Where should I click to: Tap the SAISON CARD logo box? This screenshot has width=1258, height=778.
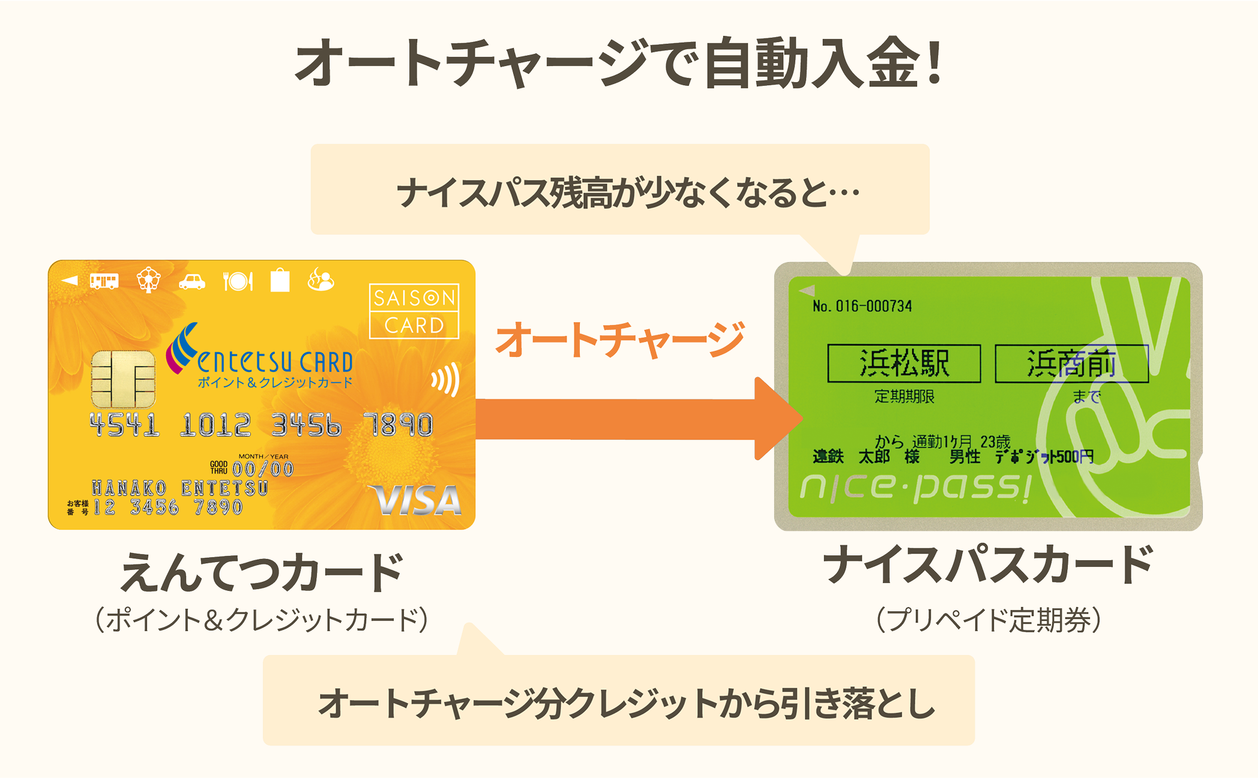[x=414, y=311]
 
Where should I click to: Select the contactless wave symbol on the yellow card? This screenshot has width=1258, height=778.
[x=446, y=379]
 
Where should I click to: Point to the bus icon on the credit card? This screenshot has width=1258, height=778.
[x=104, y=281]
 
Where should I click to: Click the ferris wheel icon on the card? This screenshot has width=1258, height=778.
[x=148, y=280]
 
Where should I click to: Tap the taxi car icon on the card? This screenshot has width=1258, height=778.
[x=192, y=281]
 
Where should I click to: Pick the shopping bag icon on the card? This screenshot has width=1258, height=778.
[x=280, y=280]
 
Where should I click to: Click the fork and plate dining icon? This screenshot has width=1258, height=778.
[x=238, y=281]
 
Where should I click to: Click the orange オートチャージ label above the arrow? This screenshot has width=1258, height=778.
[x=619, y=340]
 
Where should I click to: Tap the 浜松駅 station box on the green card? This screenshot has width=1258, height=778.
[x=904, y=364]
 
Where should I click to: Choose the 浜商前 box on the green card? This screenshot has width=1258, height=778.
[x=1071, y=364]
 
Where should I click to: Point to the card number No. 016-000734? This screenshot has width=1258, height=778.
[x=862, y=307]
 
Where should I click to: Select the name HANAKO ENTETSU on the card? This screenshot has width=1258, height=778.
[x=179, y=488]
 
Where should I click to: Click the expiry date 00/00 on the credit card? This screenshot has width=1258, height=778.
[x=263, y=468]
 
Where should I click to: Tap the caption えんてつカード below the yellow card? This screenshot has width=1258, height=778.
[x=262, y=572]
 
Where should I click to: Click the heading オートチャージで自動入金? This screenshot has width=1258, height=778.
[x=618, y=64]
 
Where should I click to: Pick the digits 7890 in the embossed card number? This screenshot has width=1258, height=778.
[x=399, y=425]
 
